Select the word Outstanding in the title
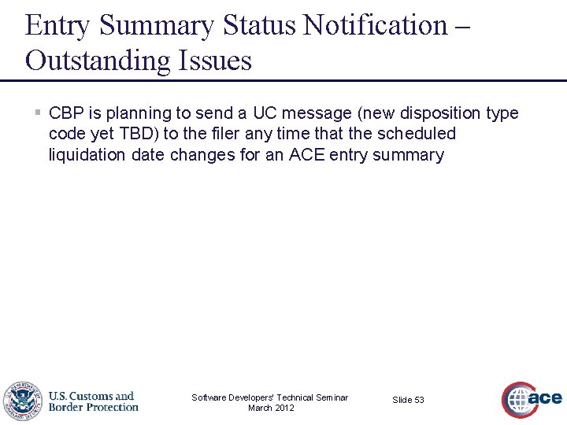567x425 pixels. click(x=98, y=61)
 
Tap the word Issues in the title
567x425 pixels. click(x=214, y=61)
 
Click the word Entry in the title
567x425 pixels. click(x=58, y=25)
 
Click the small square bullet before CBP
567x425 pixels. click(x=37, y=113)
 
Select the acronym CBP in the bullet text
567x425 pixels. click(x=66, y=113)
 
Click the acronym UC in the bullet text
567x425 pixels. click(x=265, y=113)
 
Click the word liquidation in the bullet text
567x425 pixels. click(x=87, y=155)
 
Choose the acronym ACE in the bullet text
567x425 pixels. click(x=306, y=155)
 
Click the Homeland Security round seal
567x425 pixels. click(x=21, y=401)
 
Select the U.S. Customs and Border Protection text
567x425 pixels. click(x=93, y=401)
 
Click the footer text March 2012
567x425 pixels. click(x=270, y=408)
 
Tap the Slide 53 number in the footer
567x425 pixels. click(x=408, y=400)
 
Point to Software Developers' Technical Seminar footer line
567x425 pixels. click(x=270, y=397)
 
